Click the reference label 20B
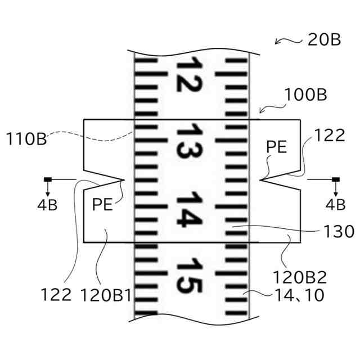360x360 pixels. (x=325, y=40)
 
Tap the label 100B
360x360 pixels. (x=306, y=94)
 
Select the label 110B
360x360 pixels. (x=26, y=138)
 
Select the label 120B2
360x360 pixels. (x=300, y=276)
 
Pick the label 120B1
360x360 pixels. (x=106, y=294)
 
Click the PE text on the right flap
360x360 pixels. (x=277, y=147)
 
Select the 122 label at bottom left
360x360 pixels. (x=56, y=294)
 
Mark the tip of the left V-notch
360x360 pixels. (x=123, y=180)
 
